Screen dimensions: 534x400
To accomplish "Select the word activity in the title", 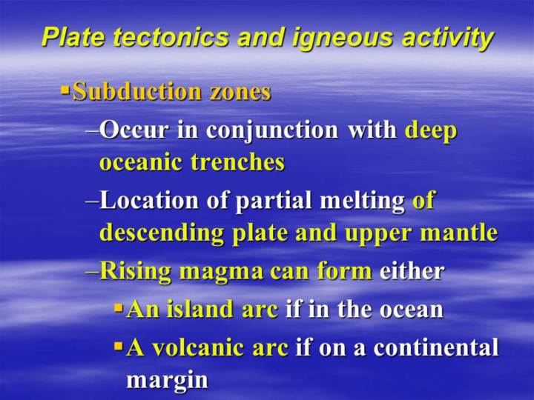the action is pyautogui.click(x=448, y=38).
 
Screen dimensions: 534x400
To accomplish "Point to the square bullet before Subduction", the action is pyautogui.click(x=65, y=90).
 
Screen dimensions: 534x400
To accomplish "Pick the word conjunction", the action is pyautogui.click(x=272, y=130).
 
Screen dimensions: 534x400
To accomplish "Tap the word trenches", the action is pyautogui.click(x=238, y=162).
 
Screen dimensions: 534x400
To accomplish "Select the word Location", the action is pyautogui.click(x=149, y=200).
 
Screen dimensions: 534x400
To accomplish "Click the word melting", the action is pyautogui.click(x=362, y=201).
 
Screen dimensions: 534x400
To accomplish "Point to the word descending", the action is pyautogui.click(x=162, y=233).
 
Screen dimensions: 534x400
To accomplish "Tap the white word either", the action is pyautogui.click(x=412, y=271).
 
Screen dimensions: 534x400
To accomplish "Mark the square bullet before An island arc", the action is pyautogui.click(x=119, y=308).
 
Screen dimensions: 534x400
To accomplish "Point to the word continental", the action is pyautogui.click(x=436, y=347).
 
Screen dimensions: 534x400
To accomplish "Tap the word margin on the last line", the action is pyautogui.click(x=167, y=379).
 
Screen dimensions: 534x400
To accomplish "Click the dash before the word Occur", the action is pyautogui.click(x=92, y=131).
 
